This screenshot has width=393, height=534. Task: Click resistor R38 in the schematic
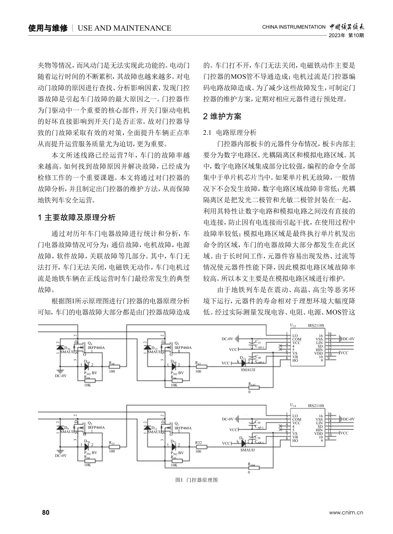click(x=114, y=366)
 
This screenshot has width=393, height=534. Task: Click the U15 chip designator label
click(x=293, y=326)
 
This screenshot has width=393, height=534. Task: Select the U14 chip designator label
click(x=293, y=406)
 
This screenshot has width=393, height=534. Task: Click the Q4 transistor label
click(x=90, y=344)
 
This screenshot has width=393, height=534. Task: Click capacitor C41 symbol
click(x=252, y=342)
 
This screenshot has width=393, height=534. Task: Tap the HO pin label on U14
click(x=295, y=441)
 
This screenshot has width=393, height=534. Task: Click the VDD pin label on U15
click(x=319, y=353)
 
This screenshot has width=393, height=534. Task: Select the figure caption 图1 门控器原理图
click(x=196, y=480)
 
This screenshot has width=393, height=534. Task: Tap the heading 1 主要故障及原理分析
click(x=77, y=217)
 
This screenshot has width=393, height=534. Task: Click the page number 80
click(x=46, y=512)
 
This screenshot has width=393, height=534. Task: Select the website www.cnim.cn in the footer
click(x=346, y=513)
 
